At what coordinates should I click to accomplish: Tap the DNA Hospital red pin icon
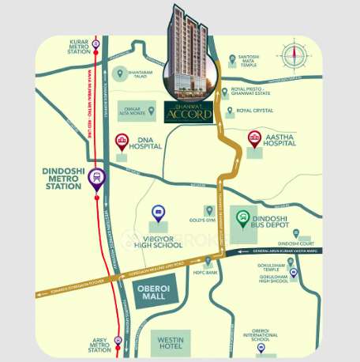(x=122, y=142)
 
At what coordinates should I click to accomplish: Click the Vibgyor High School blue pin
(x=157, y=213)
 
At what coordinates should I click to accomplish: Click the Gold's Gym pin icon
(x=209, y=210)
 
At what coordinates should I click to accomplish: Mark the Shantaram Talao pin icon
(x=121, y=74)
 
